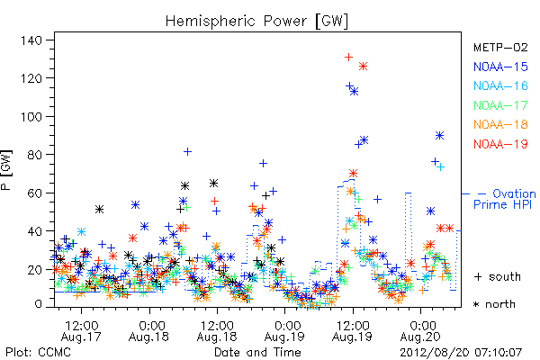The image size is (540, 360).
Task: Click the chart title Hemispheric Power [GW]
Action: click(256, 21)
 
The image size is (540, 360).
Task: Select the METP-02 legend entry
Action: click(500, 47)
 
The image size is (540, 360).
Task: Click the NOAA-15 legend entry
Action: click(500, 67)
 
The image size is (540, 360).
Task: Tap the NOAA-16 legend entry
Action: click(500, 85)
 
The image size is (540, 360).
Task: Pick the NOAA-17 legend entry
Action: click(500, 105)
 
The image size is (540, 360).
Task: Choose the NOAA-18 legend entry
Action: click(500, 124)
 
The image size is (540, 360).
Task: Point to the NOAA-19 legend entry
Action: click(500, 144)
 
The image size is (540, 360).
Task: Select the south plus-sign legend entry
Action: click(498, 276)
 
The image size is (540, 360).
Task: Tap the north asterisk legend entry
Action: click(494, 304)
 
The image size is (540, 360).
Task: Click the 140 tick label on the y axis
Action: click(31, 40)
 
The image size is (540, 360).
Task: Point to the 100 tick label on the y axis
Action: click(31, 117)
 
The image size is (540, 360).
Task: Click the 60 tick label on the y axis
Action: click(35, 193)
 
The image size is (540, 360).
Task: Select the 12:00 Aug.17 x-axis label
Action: click(81, 331)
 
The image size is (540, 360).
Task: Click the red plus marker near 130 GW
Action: click(348, 57)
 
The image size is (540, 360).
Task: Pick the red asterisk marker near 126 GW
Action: click(363, 66)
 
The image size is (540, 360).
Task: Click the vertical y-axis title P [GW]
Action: click(6, 170)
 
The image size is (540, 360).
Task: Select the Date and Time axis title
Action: click(257, 353)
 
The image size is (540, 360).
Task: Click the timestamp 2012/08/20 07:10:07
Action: click(461, 353)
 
